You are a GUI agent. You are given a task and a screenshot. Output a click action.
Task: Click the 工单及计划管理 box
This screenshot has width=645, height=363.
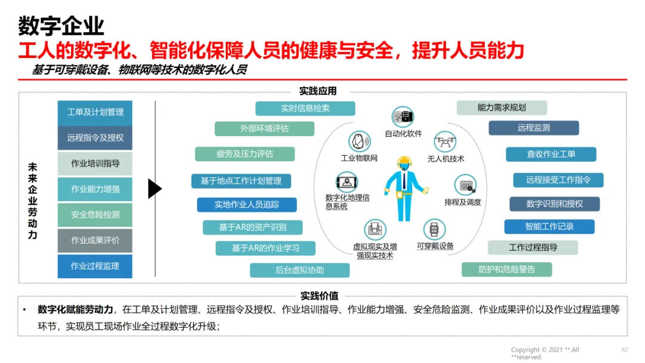tap(95, 112)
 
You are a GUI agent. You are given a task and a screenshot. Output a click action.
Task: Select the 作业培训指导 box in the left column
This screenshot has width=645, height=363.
tap(95, 164)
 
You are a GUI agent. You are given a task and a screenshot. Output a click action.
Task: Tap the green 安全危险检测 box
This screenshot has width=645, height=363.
tap(95, 215)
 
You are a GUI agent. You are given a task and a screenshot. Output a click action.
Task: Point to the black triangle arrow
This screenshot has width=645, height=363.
tap(155, 189)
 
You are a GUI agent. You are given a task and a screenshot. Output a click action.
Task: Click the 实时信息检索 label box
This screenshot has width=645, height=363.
tap(305, 109)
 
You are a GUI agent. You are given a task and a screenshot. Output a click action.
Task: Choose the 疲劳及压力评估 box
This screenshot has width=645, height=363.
tap(245, 154)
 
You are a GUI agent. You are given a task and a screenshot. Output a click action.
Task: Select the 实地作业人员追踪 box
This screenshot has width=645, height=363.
tap(247, 205)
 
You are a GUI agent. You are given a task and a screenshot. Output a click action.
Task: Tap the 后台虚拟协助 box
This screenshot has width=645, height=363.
tap(299, 270)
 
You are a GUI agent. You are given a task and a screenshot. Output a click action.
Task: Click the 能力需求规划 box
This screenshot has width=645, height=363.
tap(502, 108)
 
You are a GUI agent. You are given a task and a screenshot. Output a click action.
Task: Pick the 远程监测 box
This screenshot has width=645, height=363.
tap(534, 128)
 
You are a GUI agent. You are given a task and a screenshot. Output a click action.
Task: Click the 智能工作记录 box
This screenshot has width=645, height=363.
tap(549, 227)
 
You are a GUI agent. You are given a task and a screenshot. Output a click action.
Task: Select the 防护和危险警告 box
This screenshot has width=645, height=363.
tap(506, 269)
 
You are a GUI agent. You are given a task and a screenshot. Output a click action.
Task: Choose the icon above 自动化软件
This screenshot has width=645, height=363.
tap(403, 116)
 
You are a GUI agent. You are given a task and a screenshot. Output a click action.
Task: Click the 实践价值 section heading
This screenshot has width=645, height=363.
tap(319, 296)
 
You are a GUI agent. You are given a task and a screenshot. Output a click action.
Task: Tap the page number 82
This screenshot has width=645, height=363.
tap(625, 349)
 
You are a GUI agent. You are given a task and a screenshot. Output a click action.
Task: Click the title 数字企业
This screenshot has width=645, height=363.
tap(61, 26)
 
